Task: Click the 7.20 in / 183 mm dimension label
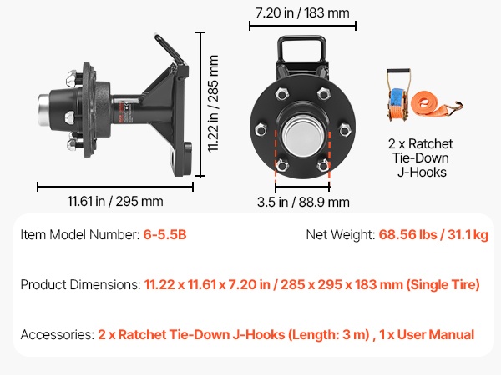[302, 13]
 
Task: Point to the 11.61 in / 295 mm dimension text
[115, 202]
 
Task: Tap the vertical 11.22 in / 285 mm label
[213, 103]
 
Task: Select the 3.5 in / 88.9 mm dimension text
[303, 202]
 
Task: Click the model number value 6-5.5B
[164, 235]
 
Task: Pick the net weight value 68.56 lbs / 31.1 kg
[433, 235]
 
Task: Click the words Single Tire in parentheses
[443, 284]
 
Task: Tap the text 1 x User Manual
[427, 334]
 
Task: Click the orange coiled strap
[427, 102]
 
